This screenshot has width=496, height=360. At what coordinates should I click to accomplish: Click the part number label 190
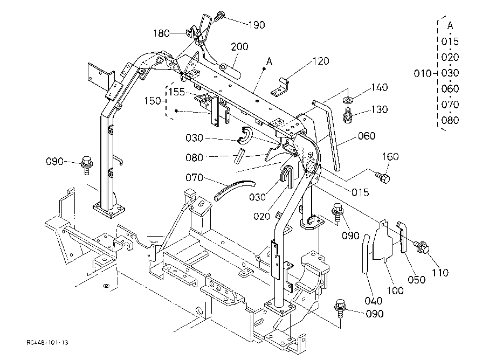click(257, 25)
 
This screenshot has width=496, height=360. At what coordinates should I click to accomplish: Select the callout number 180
click(161, 33)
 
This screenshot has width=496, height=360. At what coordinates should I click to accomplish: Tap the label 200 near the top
click(239, 47)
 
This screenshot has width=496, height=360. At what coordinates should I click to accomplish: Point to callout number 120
click(321, 61)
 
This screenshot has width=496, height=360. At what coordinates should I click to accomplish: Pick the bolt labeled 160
click(383, 178)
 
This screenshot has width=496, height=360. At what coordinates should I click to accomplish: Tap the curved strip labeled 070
click(234, 190)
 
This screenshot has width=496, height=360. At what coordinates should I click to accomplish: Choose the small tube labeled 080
click(239, 156)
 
